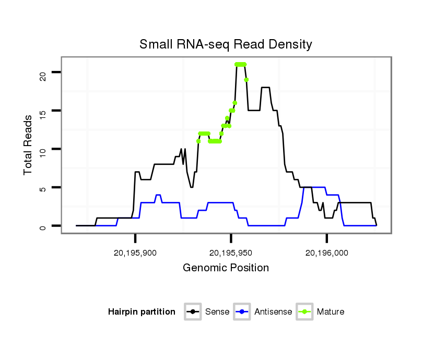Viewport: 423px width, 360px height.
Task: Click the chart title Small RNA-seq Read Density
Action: click(x=226, y=44)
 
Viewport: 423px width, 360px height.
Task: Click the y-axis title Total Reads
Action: click(x=29, y=145)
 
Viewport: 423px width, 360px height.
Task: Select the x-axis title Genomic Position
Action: click(x=226, y=268)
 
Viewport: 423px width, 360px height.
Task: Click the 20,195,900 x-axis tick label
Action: click(x=135, y=253)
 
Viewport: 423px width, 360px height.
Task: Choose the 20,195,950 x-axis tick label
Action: click(x=231, y=253)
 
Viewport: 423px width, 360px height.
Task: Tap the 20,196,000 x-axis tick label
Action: click(x=327, y=253)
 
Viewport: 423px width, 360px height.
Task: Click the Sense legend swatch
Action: click(x=193, y=312)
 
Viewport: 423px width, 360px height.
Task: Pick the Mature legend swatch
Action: click(x=305, y=312)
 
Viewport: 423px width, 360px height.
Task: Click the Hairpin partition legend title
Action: click(x=142, y=312)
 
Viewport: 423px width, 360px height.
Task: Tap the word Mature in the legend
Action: click(x=330, y=312)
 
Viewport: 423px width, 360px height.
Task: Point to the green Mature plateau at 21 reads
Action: click(x=241, y=64)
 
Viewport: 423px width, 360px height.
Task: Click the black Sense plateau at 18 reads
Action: click(x=265, y=87)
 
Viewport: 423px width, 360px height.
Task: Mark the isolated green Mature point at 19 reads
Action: click(x=246, y=80)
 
